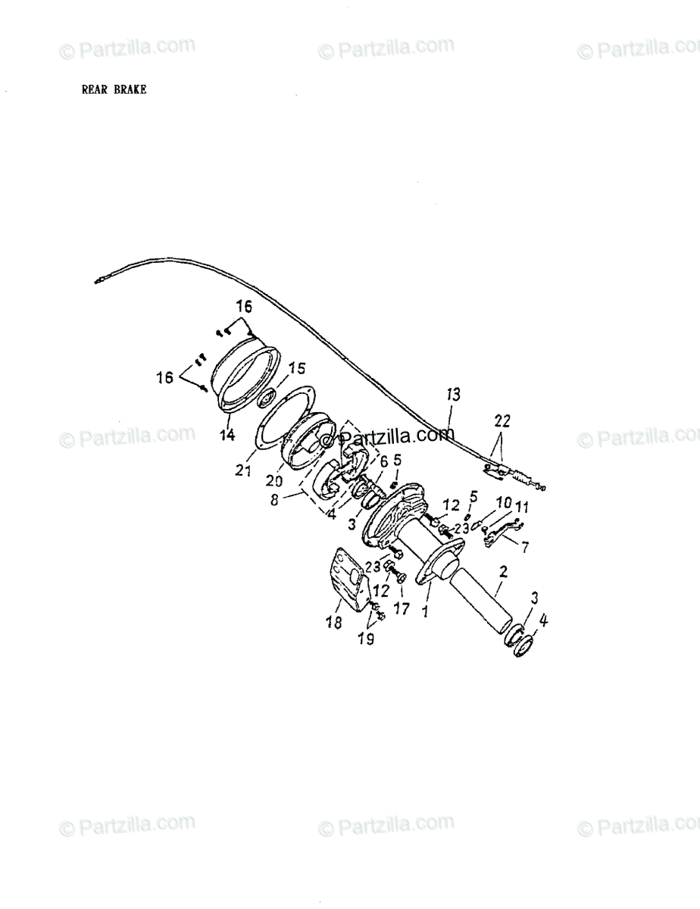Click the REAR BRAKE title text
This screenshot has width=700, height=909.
click(x=114, y=89)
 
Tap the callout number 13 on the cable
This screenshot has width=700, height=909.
click(x=452, y=394)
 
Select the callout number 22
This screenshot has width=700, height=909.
click(x=502, y=420)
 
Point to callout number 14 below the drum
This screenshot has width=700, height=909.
click(x=227, y=436)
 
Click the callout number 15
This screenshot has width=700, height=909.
click(x=296, y=368)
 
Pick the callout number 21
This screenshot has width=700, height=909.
click(x=242, y=471)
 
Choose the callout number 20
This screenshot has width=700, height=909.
click(x=274, y=481)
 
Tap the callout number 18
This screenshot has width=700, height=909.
click(x=333, y=621)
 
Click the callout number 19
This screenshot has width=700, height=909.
click(x=366, y=638)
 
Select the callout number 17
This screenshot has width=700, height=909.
click(x=401, y=607)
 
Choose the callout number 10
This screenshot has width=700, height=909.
click(x=503, y=503)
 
